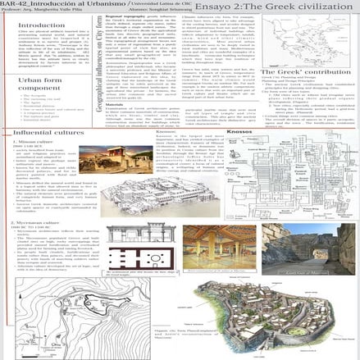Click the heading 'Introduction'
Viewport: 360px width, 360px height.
coord(37,25)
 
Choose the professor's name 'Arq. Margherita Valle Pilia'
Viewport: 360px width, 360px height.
coord(49,12)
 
